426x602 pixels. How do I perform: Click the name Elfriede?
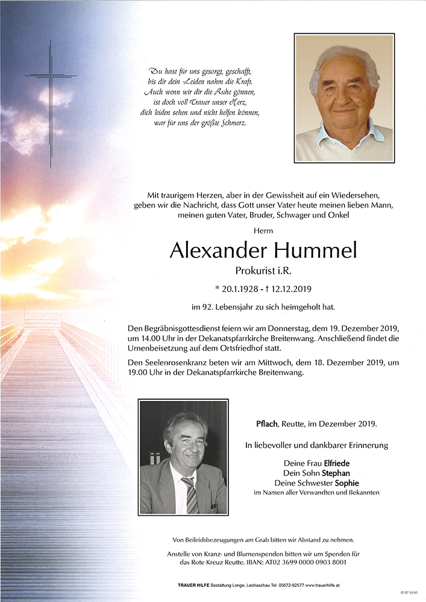click(337, 464)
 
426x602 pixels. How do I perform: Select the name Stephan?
click(335, 473)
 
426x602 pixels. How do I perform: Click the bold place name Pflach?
click(268, 424)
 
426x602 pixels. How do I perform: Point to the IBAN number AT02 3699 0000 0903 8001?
click(316, 562)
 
